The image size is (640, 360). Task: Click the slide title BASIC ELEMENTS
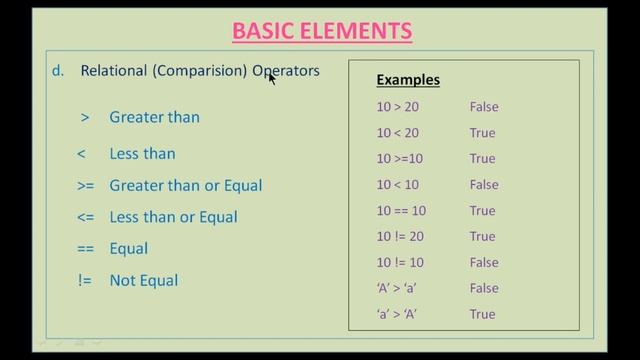click(x=322, y=30)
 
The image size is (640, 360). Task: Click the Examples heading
click(x=407, y=80)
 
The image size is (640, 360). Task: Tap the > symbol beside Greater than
click(x=85, y=117)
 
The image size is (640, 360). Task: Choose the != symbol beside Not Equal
click(x=85, y=281)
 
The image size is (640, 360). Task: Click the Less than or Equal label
click(x=173, y=217)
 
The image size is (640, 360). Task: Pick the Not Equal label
click(x=144, y=281)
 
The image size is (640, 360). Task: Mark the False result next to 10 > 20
click(x=483, y=107)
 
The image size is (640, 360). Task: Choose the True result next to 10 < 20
click(x=482, y=133)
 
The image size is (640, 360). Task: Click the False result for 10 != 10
click(x=483, y=263)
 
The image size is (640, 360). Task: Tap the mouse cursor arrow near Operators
click(x=270, y=76)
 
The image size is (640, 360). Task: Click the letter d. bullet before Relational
click(x=58, y=71)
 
